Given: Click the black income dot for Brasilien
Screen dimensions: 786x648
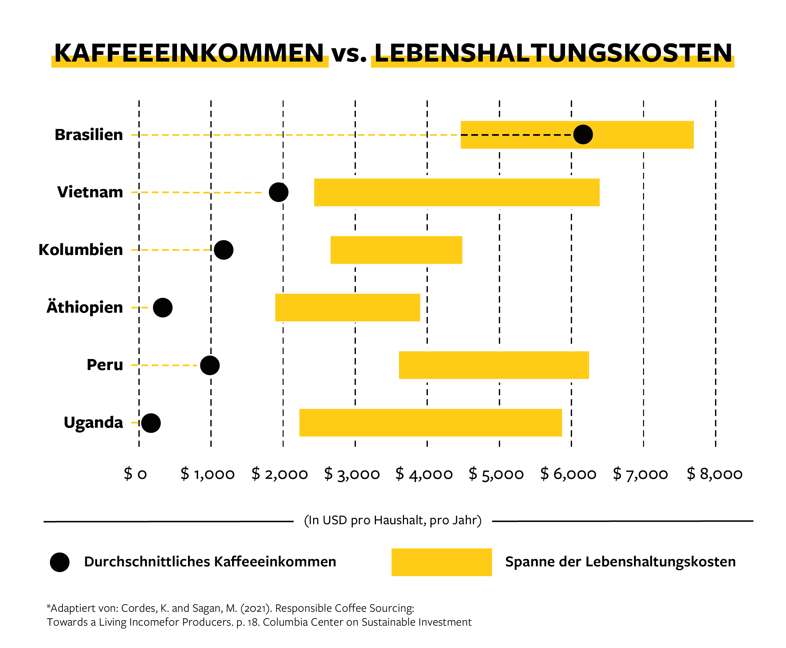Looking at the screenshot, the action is click(582, 134).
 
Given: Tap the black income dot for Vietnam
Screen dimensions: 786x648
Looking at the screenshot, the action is click(278, 192).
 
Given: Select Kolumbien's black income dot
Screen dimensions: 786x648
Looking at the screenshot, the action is click(224, 250).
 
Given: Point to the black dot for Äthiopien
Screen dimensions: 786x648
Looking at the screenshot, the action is click(163, 307).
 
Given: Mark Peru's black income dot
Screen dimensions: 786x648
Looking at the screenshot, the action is click(210, 365).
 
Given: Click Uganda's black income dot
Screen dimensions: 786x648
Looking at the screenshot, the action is click(151, 423).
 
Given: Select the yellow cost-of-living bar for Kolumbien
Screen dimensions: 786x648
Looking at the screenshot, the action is click(396, 250).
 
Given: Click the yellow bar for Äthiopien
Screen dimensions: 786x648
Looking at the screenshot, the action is click(348, 307).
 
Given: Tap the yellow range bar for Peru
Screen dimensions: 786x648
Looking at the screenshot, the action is click(494, 365).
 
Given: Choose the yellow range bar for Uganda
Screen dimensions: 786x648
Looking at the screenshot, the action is click(430, 422).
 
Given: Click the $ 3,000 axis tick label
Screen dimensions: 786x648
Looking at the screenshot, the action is click(352, 474).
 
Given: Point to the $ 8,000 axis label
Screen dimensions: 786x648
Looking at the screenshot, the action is click(714, 474).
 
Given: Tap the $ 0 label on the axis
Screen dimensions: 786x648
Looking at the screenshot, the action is click(135, 474).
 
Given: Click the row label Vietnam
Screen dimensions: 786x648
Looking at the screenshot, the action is click(90, 192).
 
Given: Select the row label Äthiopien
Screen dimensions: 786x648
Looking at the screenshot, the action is click(85, 307).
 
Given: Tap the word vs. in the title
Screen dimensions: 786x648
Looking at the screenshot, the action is click(349, 54).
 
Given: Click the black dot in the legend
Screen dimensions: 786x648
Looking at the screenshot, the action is click(60, 562).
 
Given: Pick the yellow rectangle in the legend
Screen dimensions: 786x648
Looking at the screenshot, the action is click(441, 562).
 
